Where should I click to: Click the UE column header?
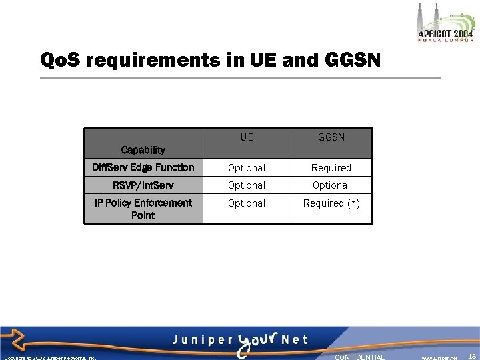coord(247,138)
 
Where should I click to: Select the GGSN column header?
coord(331,138)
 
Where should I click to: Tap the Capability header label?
coord(143,150)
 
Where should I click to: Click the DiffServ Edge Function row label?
coord(143,167)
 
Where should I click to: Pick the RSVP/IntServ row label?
coord(143,185)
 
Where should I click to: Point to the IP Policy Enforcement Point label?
coord(143,209)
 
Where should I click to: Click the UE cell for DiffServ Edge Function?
coord(247,168)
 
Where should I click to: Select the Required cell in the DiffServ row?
coord(331,168)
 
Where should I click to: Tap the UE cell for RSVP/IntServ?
coord(247,185)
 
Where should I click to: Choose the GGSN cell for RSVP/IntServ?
coord(331,185)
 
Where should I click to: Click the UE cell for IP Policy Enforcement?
coord(247,203)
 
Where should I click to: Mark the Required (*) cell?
coord(331,203)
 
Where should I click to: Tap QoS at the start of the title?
coord(60,61)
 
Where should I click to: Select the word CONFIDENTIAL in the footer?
coord(359,357)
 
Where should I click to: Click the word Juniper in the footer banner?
coord(200,339)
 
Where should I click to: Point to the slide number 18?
coord(472,357)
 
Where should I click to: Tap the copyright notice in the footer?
coord(50,357)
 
